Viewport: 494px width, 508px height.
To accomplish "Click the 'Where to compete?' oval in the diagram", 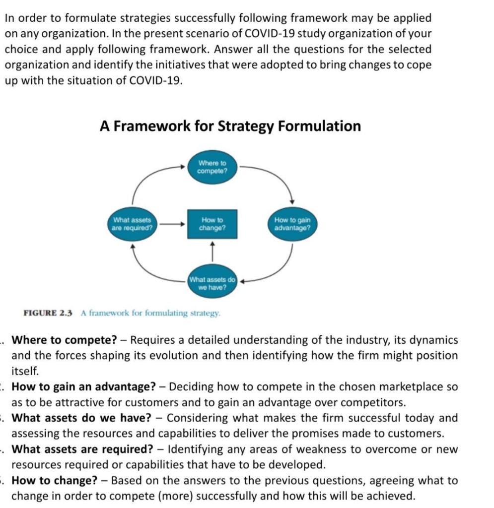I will click(212, 167).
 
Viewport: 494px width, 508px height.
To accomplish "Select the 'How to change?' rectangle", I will click(212, 224).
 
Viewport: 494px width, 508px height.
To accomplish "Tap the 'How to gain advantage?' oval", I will click(292, 224).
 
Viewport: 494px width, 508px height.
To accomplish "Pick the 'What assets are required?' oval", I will click(132, 224).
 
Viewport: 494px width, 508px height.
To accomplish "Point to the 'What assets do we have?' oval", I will click(212, 283).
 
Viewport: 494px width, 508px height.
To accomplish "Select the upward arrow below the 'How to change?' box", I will click(212, 251).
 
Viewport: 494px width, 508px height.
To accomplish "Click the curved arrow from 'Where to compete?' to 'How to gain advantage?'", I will click(278, 176).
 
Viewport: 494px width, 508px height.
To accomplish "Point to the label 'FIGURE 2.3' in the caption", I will click(48, 313).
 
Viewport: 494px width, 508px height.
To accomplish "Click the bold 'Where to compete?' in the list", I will click(64, 340).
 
